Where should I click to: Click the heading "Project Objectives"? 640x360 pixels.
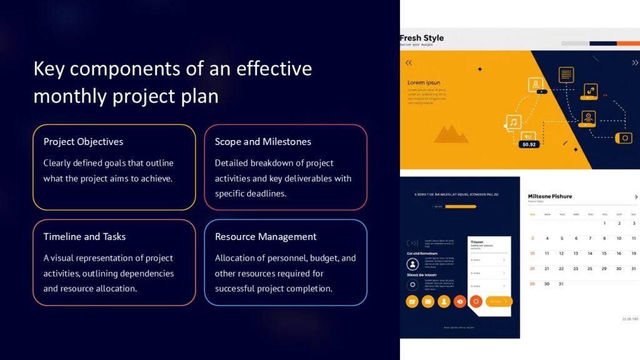pyautogui.click(x=83, y=142)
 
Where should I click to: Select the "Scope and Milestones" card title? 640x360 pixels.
pyautogui.click(x=262, y=142)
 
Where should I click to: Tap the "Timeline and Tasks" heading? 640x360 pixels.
pyautogui.click(x=84, y=237)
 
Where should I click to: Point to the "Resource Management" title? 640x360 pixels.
pyautogui.click(x=266, y=237)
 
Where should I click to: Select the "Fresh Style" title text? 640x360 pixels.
pyautogui.click(x=422, y=38)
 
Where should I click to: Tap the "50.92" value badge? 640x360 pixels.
pyautogui.click(x=529, y=144)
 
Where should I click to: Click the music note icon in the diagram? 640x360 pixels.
pyautogui.click(x=513, y=122)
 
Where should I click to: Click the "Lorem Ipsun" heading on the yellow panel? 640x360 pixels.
pyautogui.click(x=424, y=82)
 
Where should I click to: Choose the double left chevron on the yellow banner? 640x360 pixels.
pyautogui.click(x=409, y=62)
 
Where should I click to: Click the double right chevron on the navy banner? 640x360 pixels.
pyautogui.click(x=635, y=62)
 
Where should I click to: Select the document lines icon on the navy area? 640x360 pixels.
pyautogui.click(x=566, y=75)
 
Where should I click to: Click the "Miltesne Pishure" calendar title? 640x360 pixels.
pyautogui.click(x=550, y=196)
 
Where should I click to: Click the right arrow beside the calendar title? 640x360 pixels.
pyautogui.click(x=636, y=197)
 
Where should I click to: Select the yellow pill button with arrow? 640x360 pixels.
pyautogui.click(x=499, y=301)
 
